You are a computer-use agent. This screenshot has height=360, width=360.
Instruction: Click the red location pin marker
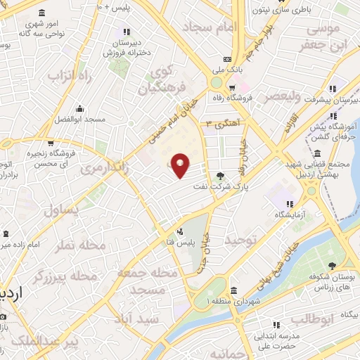(181, 165)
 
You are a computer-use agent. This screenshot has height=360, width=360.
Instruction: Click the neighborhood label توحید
(243, 240)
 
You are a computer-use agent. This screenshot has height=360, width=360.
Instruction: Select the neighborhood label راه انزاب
(70, 75)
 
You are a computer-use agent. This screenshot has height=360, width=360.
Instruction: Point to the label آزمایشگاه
(288, 214)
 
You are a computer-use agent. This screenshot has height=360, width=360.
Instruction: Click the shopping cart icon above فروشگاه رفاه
(231, 87)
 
